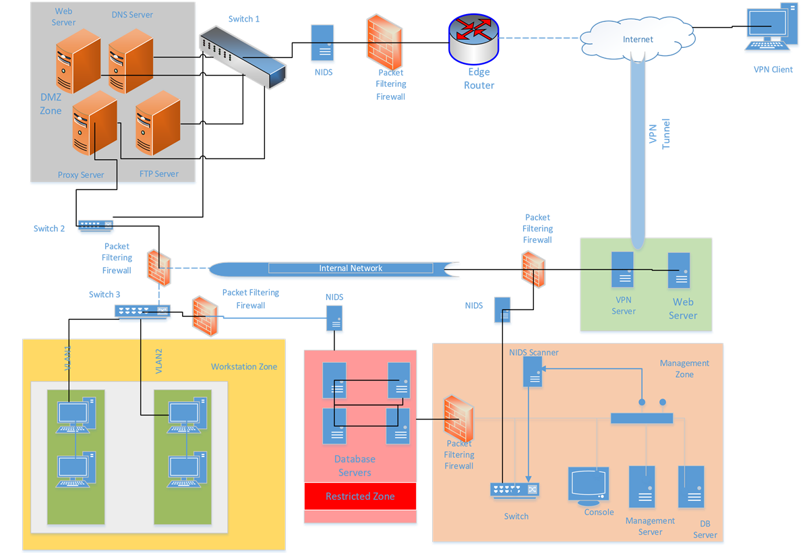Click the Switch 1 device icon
(243, 57)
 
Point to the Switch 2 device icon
(95, 225)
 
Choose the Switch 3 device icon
(142, 310)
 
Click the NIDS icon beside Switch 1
(323, 43)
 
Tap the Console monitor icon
(588, 484)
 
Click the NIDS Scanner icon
(533, 372)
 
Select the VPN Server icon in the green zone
(622, 270)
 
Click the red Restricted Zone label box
(360, 496)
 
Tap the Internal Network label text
(351, 268)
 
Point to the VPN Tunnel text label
(657, 134)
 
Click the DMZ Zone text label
(51, 104)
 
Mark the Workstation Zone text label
(244, 366)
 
